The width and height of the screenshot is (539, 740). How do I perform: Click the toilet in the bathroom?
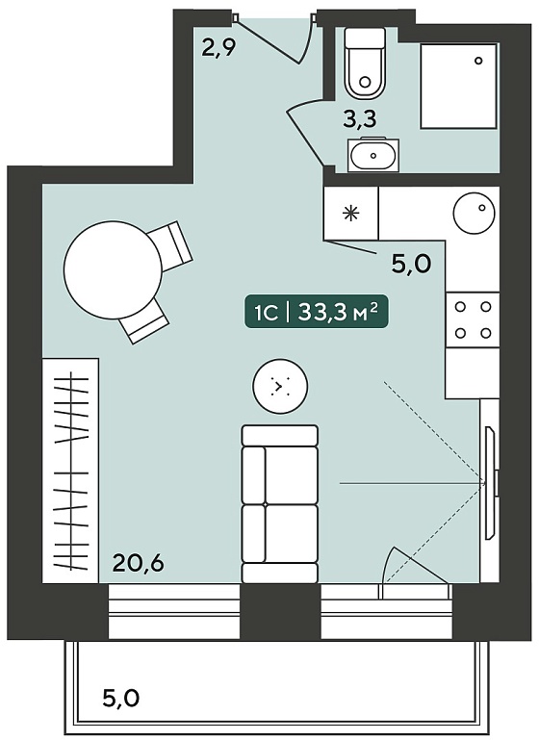tap(365, 64)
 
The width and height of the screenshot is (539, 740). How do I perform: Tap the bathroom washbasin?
tap(372, 155)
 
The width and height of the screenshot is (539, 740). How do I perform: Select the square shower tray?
tap(459, 86)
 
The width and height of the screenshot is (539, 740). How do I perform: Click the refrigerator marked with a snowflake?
tap(351, 214)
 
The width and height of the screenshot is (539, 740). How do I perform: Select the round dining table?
tap(114, 270)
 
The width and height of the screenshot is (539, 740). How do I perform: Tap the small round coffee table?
tap(280, 387)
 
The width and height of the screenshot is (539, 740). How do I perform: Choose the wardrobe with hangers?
tap(71, 471)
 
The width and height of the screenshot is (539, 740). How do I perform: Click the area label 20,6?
tap(139, 563)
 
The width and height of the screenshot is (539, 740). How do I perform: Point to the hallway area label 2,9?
tap(218, 47)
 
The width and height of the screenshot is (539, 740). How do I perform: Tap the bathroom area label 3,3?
tap(360, 119)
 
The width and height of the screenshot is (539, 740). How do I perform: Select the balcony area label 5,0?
tap(121, 698)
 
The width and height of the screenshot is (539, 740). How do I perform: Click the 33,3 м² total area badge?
tap(316, 313)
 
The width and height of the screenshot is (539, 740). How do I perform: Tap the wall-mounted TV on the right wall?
tap(491, 483)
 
